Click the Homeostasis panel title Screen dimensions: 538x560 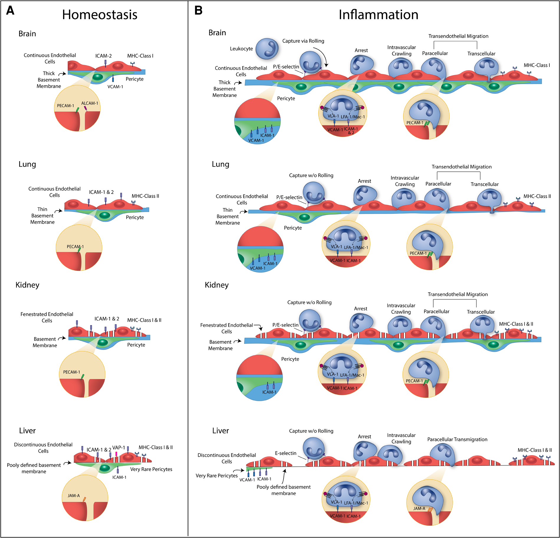100,15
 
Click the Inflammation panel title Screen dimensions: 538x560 378,15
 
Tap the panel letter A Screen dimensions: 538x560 10,11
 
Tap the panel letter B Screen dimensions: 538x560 198,11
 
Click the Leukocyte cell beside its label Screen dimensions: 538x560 267,49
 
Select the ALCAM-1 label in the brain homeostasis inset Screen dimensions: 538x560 90,103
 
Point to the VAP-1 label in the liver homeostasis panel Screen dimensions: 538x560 118,448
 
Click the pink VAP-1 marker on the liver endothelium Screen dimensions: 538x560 116,454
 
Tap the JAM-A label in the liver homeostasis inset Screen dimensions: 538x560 74,496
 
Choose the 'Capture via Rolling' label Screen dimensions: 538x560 303,41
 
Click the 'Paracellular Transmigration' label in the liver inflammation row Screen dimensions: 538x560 457,439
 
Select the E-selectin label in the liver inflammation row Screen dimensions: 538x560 286,453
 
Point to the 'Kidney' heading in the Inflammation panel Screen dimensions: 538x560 217,285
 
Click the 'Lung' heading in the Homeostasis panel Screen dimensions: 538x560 27,164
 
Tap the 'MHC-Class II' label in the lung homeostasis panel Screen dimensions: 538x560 145,196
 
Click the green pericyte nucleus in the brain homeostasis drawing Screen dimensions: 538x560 97,77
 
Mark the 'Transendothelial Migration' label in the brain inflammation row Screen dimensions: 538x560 458,36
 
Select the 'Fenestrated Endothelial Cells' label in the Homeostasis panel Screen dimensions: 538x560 47,317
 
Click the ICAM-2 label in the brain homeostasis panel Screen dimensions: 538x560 103,56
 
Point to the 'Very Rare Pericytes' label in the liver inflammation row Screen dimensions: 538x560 217,476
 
